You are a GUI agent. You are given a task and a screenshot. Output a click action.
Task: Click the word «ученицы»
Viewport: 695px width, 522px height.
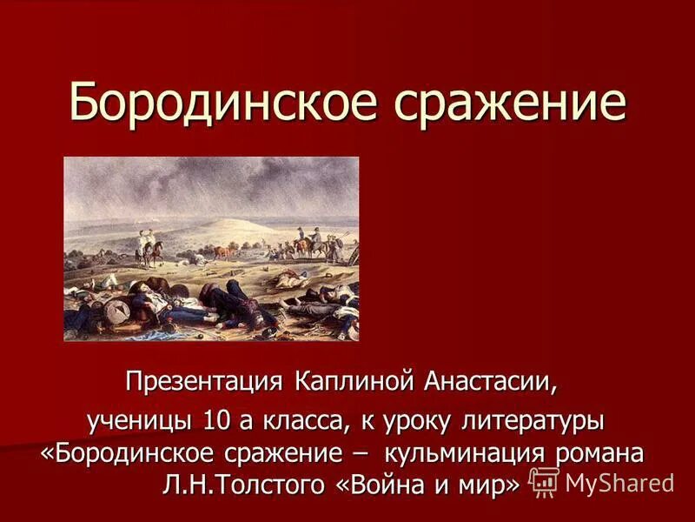point(140,421)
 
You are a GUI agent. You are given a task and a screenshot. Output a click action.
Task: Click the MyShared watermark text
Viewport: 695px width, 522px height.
point(619,483)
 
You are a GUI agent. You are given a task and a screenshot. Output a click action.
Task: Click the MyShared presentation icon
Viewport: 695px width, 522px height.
point(545,482)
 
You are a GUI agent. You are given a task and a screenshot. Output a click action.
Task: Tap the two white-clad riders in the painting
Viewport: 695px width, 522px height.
point(146,245)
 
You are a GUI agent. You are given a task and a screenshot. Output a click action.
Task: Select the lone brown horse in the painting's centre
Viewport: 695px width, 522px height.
point(223,252)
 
